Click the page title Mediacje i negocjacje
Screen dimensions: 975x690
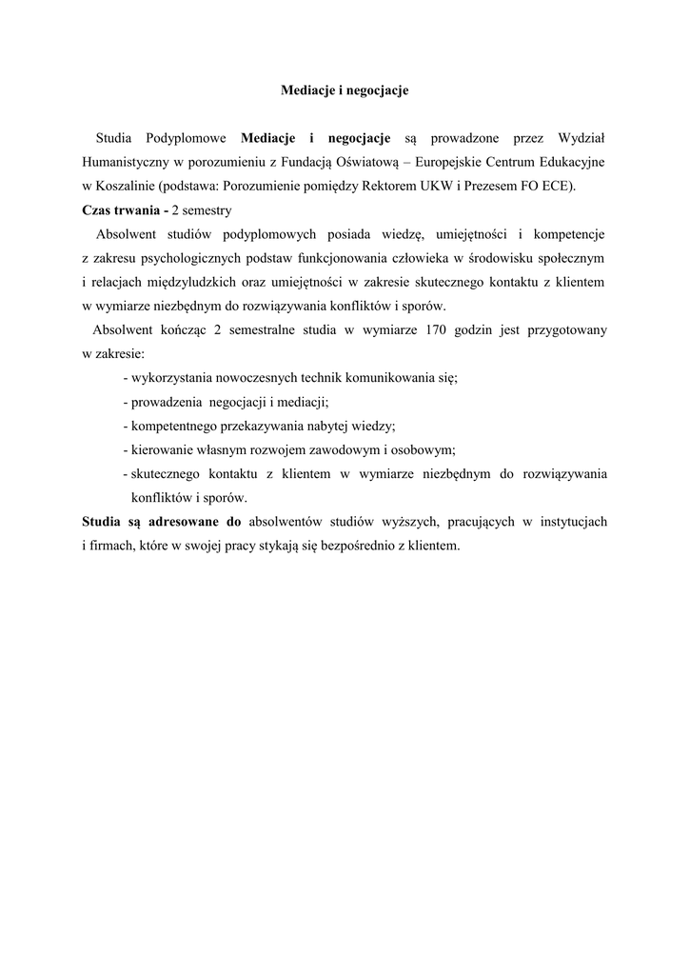(x=345, y=90)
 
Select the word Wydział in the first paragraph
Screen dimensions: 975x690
(x=581, y=139)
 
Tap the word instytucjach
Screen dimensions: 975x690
(x=571, y=522)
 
